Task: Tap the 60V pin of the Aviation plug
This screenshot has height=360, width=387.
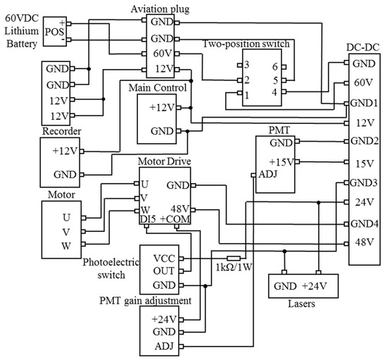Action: coord(158,54)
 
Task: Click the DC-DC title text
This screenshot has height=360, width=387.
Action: coord(364,47)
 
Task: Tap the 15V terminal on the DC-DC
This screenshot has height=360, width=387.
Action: coord(363,164)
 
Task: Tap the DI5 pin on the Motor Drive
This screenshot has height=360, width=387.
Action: coord(148,218)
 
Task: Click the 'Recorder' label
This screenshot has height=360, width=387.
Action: coord(62,131)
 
